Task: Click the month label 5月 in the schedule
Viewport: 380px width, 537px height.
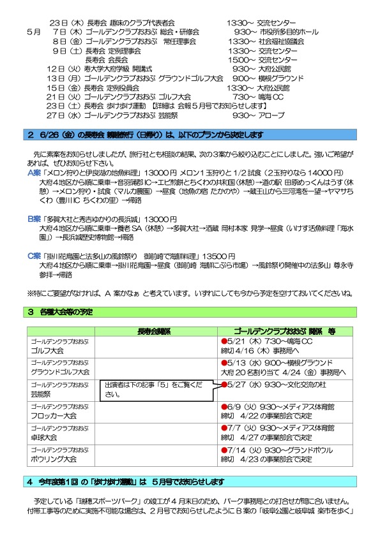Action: click(x=34, y=31)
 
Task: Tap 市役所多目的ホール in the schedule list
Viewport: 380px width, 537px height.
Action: click(x=281, y=31)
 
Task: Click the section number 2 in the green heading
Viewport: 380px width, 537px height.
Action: click(x=30, y=135)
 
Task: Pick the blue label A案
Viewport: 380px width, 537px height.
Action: click(x=34, y=173)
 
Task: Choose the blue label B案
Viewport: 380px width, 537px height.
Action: click(x=34, y=218)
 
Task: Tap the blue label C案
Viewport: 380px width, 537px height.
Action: click(x=34, y=255)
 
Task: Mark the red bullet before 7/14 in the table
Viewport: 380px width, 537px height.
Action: click(x=224, y=450)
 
